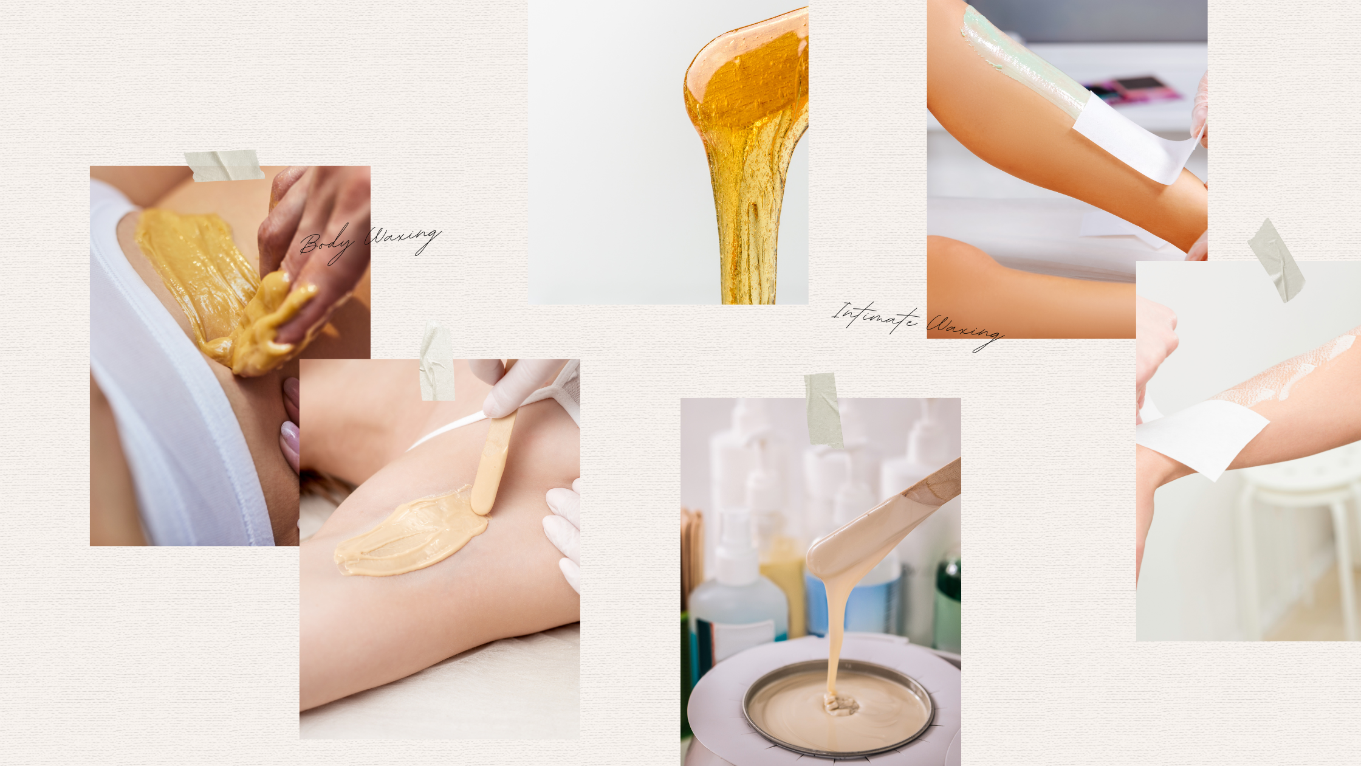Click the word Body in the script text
pos(327,243)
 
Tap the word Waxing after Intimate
pos(965,331)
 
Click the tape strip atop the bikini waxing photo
pos(224,165)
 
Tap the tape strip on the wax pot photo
pos(823,410)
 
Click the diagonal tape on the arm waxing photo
pos(1276,260)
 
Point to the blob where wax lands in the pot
pos(840,705)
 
